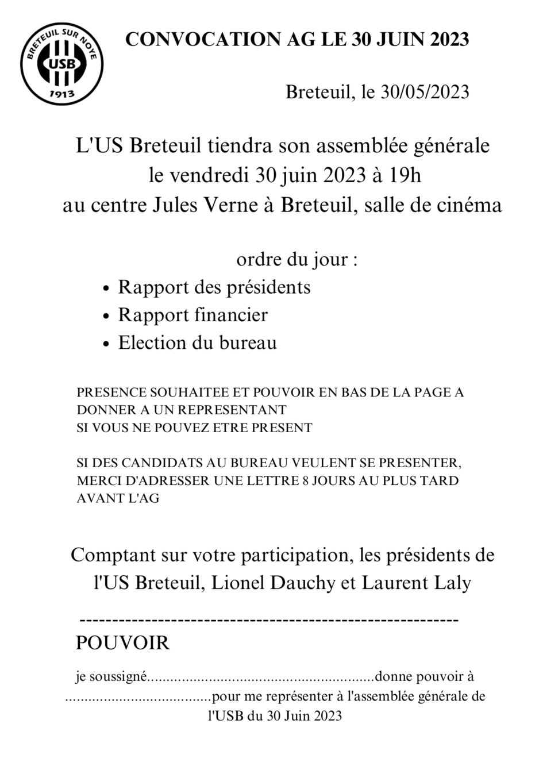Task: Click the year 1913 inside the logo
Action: (62, 93)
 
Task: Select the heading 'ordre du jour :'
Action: (297, 259)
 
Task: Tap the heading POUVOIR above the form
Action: (122, 642)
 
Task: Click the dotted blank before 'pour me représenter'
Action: (138, 698)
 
